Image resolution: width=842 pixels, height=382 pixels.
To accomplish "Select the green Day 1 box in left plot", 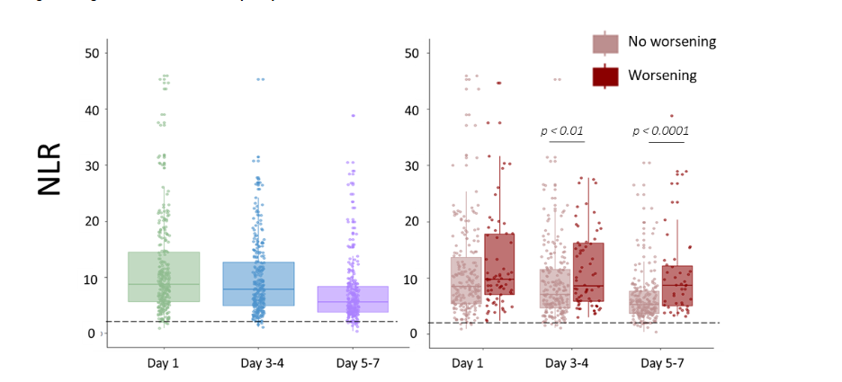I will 164,277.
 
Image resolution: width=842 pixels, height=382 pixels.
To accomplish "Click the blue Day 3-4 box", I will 259,284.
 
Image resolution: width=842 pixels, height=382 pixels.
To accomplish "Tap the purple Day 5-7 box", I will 354,299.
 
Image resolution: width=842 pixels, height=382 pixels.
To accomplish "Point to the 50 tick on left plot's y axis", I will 90,53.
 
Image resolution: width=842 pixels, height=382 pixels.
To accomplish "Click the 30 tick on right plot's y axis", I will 411,165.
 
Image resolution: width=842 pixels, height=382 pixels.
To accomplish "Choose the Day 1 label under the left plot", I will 164,363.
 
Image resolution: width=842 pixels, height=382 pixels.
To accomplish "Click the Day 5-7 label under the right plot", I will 663,363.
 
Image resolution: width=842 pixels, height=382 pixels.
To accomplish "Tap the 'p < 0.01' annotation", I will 562,131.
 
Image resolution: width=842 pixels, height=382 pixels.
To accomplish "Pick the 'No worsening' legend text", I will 672,42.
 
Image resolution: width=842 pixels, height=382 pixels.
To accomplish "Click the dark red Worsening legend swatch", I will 605,76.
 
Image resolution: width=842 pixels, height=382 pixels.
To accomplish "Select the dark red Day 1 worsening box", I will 499,264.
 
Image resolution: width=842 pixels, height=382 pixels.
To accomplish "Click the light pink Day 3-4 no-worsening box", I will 555,289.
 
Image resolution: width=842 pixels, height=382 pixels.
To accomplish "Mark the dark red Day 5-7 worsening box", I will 677,286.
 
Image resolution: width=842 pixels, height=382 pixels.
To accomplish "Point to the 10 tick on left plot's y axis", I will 90,278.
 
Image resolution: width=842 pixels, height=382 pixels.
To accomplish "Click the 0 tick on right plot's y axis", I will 414,333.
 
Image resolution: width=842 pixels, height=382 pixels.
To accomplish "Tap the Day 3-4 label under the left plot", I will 259,363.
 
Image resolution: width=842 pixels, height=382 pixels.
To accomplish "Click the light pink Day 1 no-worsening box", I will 466,286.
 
